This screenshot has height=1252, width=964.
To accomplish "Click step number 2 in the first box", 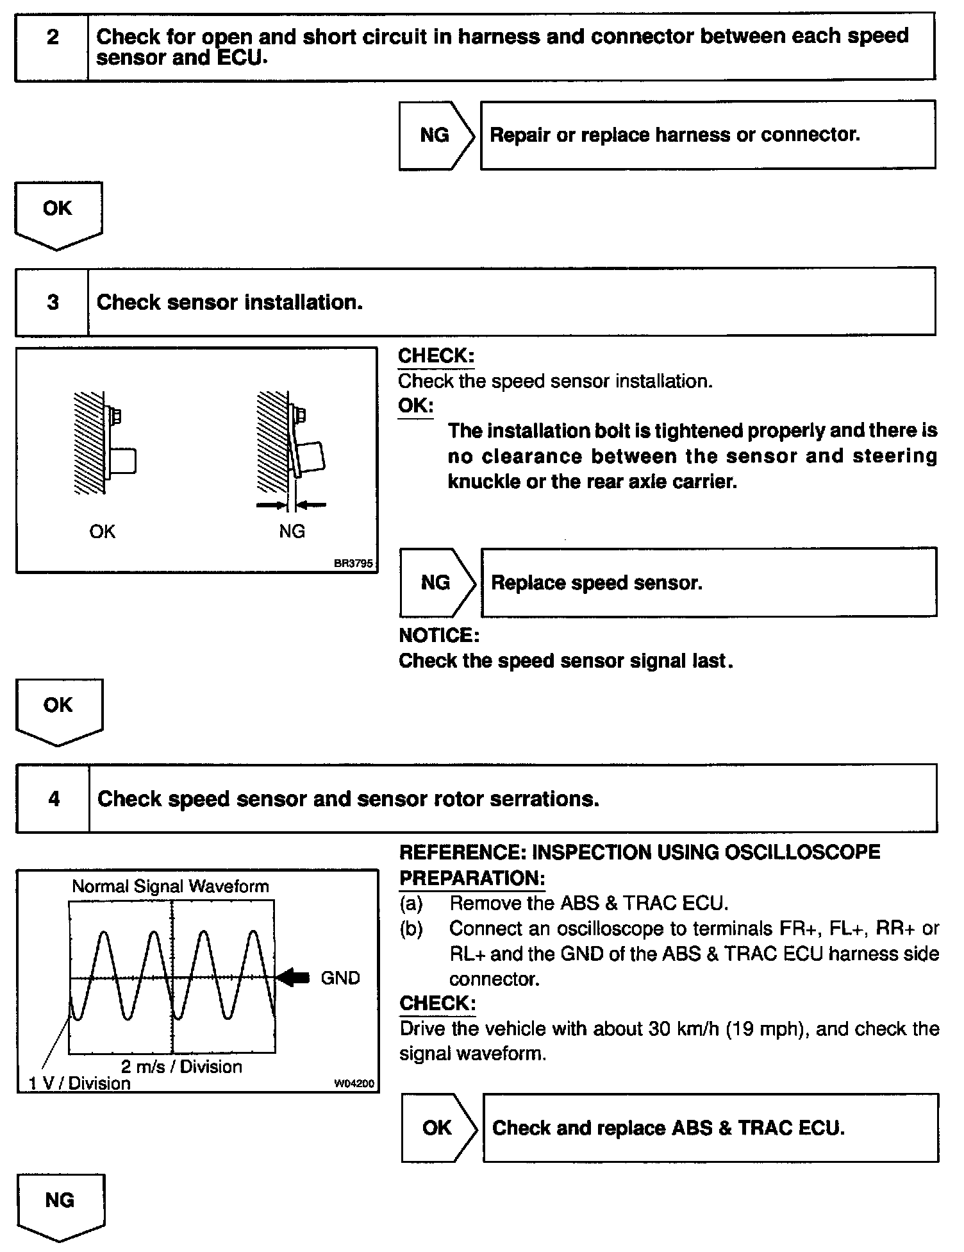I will point(52,37).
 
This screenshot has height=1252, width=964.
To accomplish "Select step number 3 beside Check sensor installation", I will point(53,302).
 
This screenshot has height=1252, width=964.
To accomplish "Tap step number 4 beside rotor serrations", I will point(54,799).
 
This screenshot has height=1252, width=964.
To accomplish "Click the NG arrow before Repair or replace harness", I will point(435,135).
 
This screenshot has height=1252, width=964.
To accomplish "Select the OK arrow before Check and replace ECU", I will point(438,1128).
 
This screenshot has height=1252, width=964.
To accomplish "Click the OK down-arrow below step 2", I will point(58,212).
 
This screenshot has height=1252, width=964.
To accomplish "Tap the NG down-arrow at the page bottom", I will point(60,1205).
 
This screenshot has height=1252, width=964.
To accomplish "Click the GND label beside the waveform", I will point(340,978).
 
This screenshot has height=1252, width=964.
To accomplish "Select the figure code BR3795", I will point(353,564).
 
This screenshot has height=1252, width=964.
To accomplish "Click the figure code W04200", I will point(354,1084).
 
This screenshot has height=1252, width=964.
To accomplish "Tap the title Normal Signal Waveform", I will point(170,886).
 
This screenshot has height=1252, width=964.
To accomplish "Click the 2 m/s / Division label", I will point(181,1067).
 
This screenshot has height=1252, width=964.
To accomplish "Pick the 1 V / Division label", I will point(79,1083).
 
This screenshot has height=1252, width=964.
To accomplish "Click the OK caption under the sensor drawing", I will point(103,531).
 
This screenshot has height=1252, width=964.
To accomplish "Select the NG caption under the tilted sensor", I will point(292,531).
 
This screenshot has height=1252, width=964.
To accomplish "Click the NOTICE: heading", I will point(439,635).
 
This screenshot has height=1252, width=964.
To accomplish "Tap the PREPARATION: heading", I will point(472,878).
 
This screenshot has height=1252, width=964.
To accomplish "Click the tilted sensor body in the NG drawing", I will point(311,455).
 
